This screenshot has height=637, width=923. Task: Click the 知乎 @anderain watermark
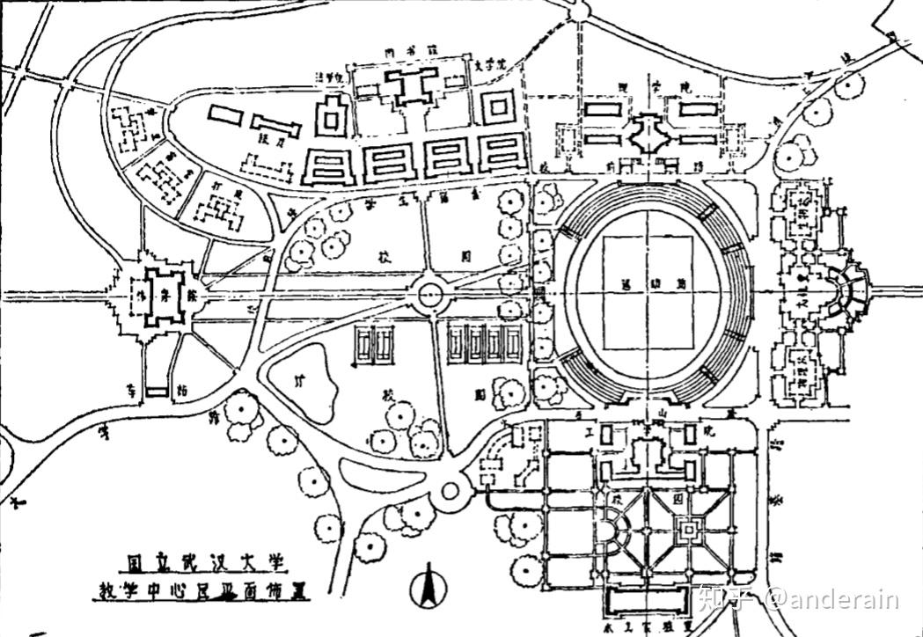pos(797,600)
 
